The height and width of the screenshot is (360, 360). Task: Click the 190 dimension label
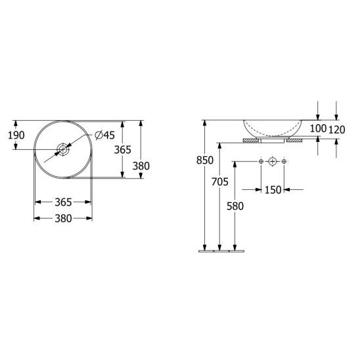click(x=16, y=135)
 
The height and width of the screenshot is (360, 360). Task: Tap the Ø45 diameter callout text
click(x=104, y=135)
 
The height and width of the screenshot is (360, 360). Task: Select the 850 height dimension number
click(x=205, y=160)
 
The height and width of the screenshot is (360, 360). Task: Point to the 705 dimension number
click(x=220, y=182)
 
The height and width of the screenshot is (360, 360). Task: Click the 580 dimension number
click(x=235, y=206)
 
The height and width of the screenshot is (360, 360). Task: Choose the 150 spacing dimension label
click(x=273, y=190)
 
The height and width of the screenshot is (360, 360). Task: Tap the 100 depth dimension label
click(x=318, y=129)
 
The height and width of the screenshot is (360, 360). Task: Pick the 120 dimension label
click(x=337, y=129)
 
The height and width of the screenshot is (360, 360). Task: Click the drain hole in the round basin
click(x=62, y=150)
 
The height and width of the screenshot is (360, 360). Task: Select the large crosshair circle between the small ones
click(x=273, y=162)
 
